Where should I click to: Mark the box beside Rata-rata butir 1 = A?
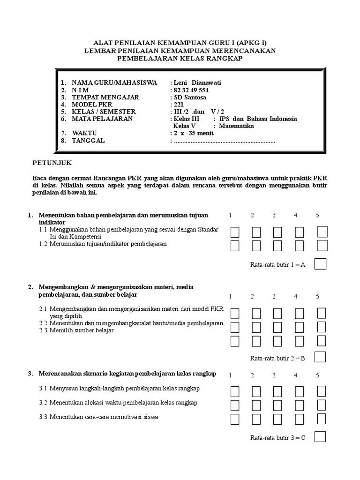coord(321,264)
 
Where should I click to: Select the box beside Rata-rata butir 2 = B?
coord(321,357)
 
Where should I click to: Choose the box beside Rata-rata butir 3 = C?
coord(321,437)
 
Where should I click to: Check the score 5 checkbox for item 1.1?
coord(322,232)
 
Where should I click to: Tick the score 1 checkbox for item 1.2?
coord(235,246)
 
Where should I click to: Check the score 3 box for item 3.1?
coord(277,391)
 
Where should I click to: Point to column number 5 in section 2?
coord(317,296)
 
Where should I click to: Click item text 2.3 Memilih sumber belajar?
coord(76,330)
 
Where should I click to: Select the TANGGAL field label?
coord(89,141)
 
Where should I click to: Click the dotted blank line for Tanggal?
coord(224,141)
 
